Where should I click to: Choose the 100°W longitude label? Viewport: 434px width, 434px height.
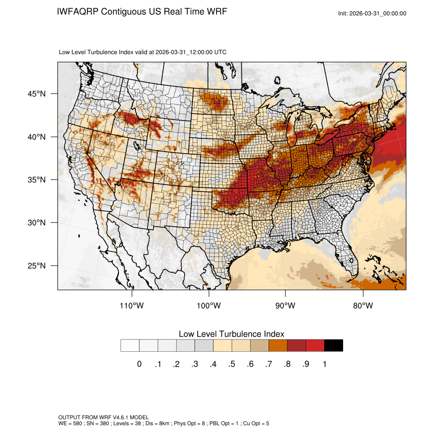209,306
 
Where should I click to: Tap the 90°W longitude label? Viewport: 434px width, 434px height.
285,306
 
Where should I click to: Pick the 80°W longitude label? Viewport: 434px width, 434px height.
363,306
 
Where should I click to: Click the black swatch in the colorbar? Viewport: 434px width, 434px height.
333,346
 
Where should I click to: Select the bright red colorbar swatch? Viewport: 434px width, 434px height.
315,346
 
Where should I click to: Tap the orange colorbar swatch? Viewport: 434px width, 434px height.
278,346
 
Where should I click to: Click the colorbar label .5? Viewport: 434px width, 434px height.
232,364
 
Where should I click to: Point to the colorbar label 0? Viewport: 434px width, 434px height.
139,364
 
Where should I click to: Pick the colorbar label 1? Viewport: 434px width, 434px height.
324,364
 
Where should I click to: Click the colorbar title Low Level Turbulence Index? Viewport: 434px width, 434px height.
231,333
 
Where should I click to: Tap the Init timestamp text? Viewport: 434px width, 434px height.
372,13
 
